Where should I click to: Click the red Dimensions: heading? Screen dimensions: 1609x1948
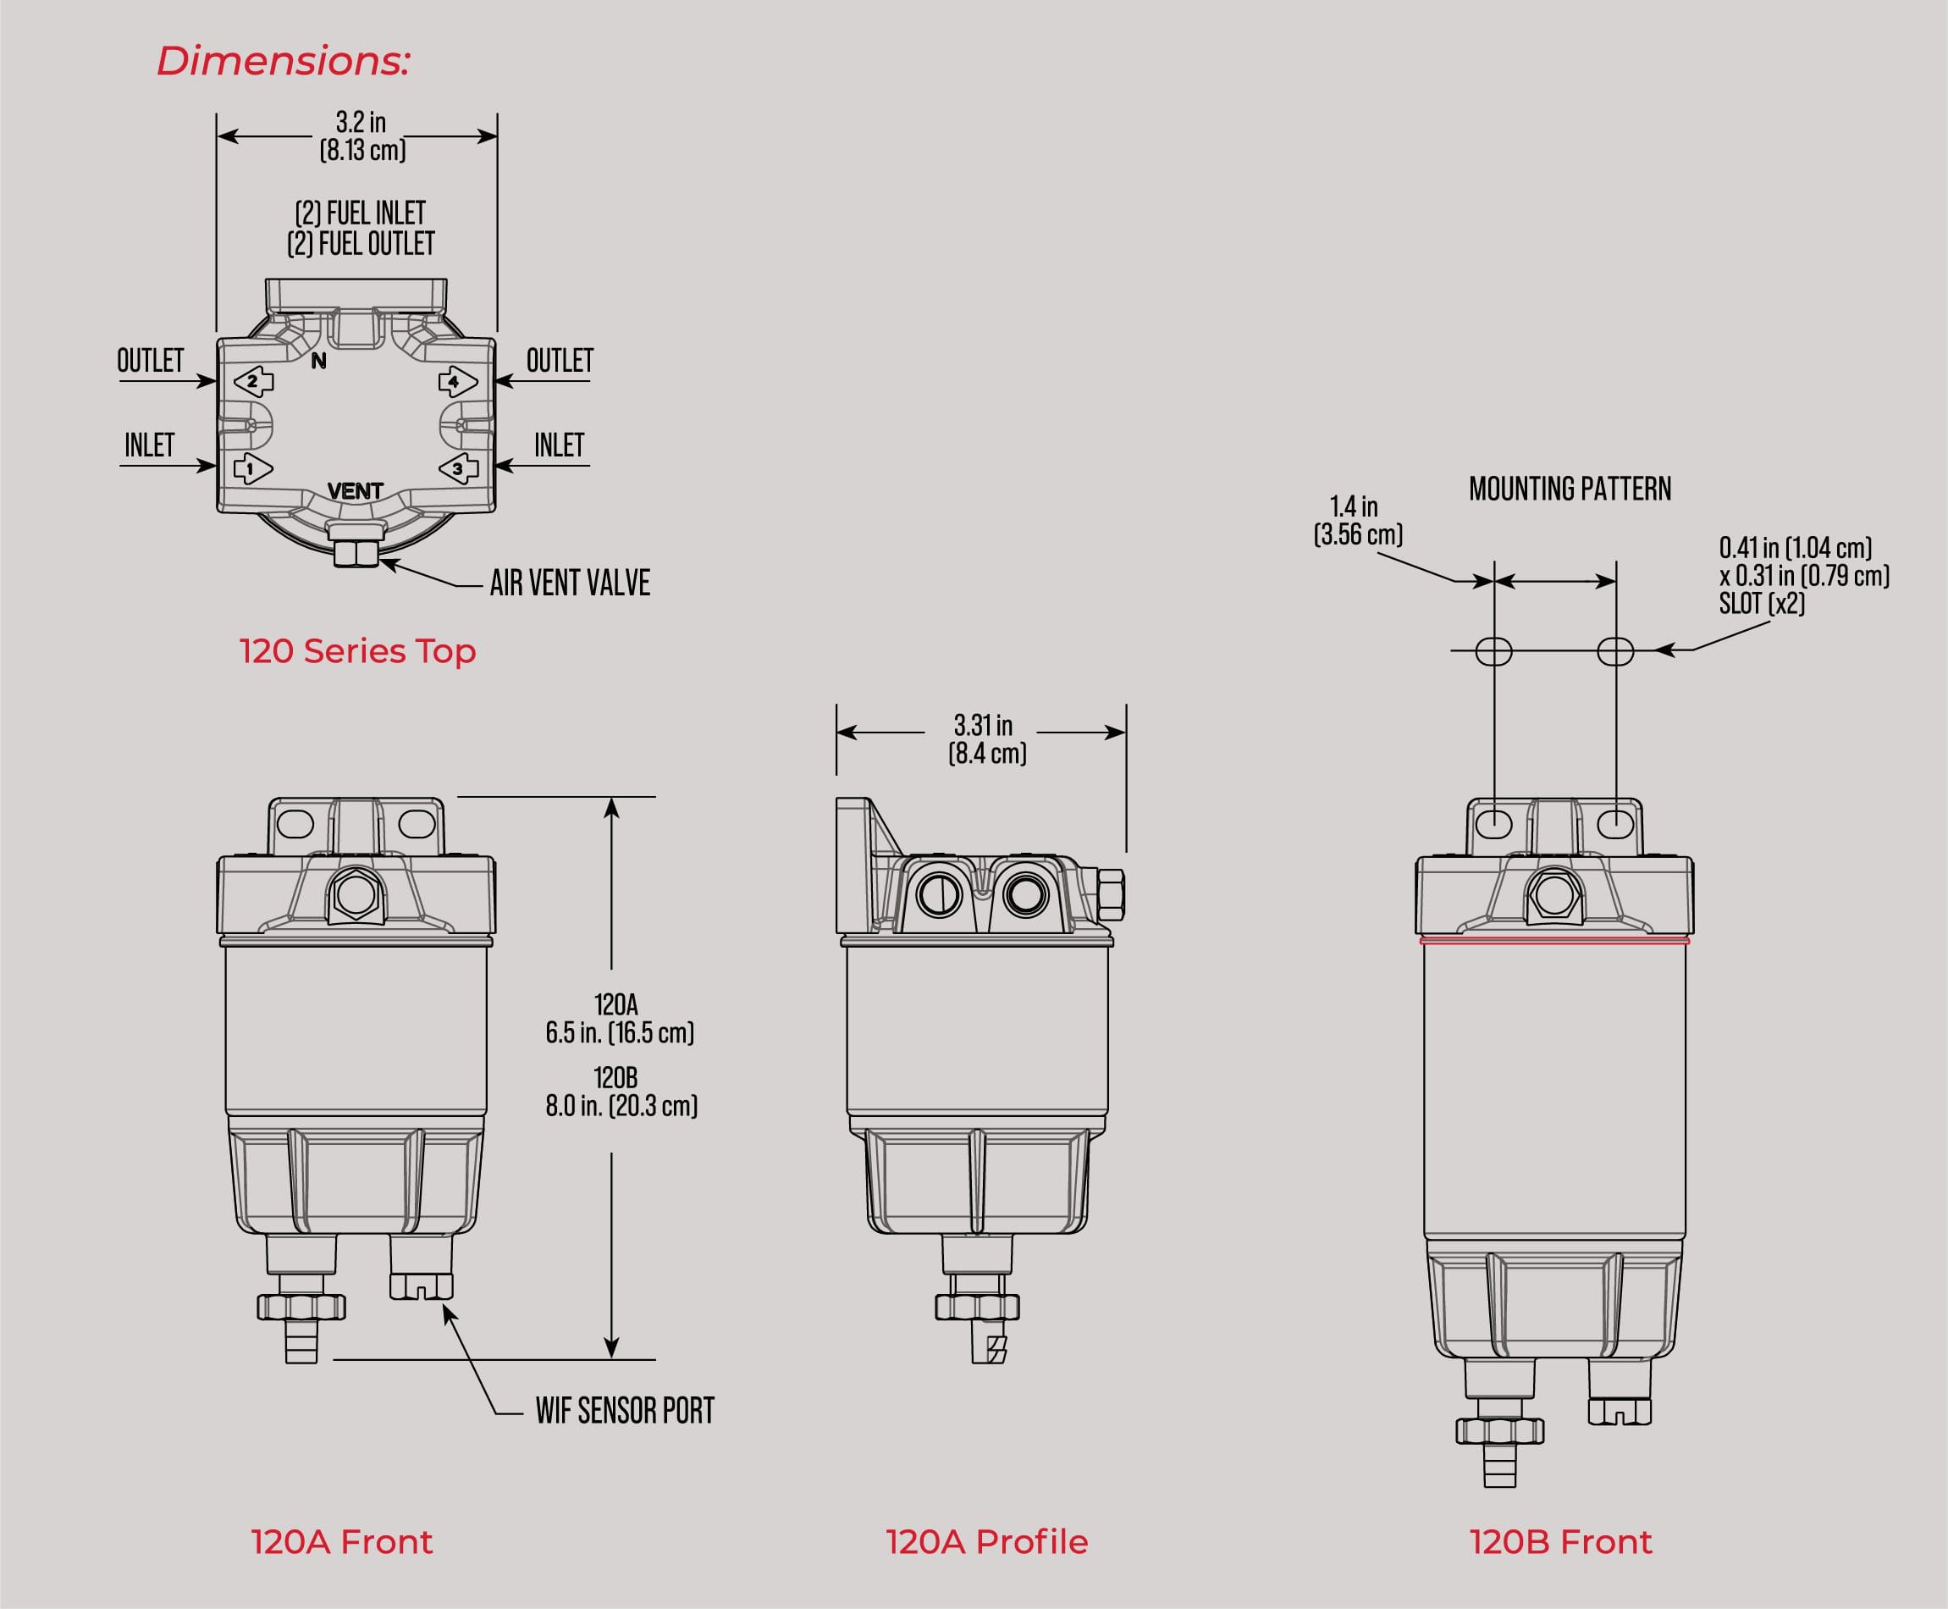pos(283,61)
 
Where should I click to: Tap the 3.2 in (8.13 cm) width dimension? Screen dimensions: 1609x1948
pos(361,136)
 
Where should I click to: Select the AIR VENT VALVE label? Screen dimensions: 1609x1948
pos(569,583)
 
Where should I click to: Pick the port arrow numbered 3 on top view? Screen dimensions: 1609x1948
pos(458,469)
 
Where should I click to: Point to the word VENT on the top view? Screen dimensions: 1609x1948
pos(355,490)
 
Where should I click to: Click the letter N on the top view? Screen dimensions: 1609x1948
pos(319,362)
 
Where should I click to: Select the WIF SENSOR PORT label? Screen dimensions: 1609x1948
pos(625,1410)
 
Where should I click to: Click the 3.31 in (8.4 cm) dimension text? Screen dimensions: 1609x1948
pos(986,738)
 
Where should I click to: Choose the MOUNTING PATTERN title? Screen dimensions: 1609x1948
pos(1569,489)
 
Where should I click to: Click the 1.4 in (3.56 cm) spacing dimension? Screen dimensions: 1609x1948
pos(1357,520)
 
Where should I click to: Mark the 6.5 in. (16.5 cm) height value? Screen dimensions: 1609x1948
pos(620,1032)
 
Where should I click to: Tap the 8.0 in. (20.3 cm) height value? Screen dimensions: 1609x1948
pos(621,1106)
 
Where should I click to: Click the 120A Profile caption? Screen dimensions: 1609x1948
pos(986,1541)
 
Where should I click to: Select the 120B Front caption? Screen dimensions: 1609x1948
pos(1559,1541)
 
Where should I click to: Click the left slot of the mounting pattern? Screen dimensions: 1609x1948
pos(1493,651)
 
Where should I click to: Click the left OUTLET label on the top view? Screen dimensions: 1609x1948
pos(150,361)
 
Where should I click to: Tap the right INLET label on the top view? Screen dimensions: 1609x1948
pos(559,445)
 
